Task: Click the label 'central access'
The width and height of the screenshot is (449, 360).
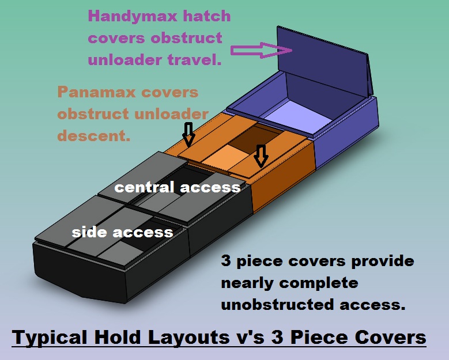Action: coord(177,187)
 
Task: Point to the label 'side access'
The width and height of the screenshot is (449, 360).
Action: coord(122,232)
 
